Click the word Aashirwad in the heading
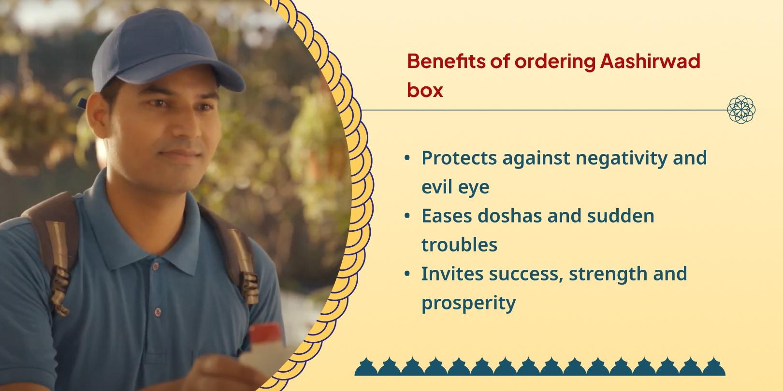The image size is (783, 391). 650,61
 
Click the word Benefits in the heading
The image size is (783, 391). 447,61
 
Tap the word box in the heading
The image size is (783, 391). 425,90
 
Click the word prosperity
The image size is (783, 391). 468,303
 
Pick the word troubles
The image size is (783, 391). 459,245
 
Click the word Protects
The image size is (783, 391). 460,158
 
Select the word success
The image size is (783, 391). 526,274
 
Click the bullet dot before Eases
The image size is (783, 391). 407,216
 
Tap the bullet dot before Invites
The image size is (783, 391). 407,274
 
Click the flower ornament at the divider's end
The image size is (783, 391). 741,110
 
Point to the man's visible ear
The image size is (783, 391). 98,116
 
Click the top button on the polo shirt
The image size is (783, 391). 156,266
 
